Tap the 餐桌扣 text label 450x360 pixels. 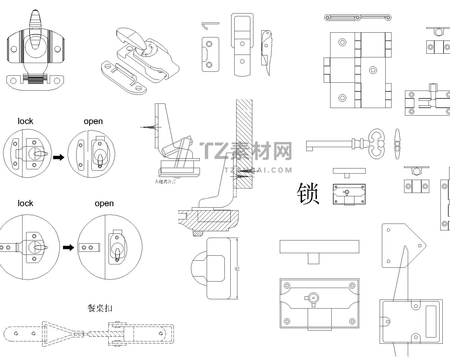100,308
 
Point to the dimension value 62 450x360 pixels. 237,269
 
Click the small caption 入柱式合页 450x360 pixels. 165,181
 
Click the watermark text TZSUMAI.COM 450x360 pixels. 259,170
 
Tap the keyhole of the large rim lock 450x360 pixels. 313,298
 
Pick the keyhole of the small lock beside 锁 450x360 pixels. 346,192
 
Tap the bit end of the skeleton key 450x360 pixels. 310,146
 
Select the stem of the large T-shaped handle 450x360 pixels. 313,258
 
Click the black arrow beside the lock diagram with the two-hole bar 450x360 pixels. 68,247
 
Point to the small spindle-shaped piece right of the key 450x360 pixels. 397,144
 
